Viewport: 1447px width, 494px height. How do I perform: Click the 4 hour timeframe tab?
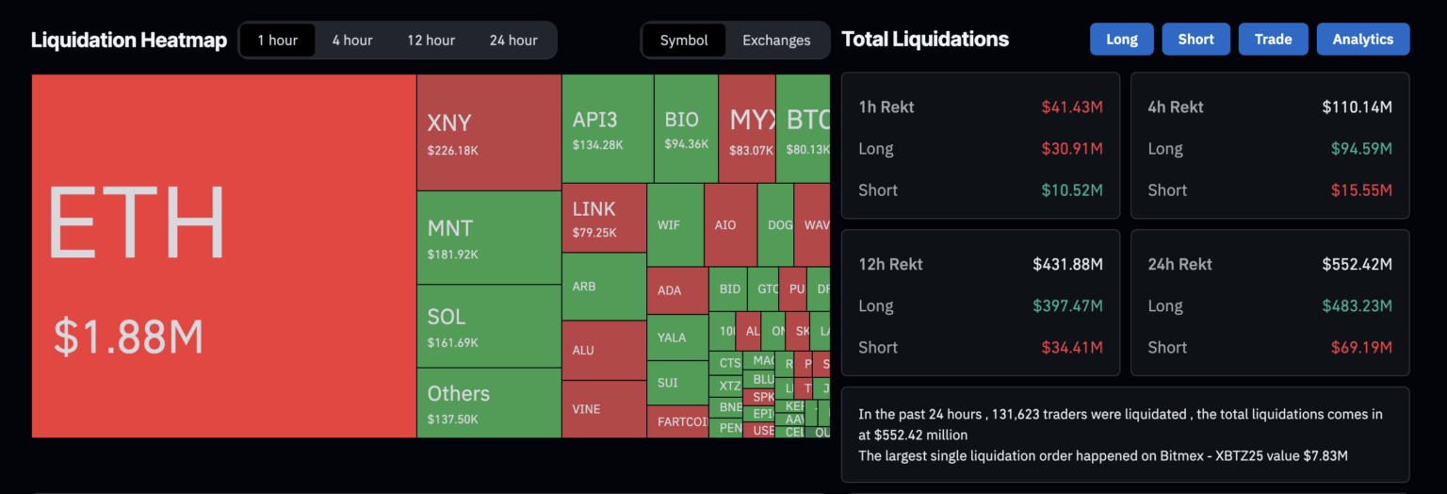coord(352,41)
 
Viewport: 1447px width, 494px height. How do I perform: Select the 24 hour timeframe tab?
coord(513,41)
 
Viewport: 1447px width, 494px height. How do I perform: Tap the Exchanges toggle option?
coord(776,41)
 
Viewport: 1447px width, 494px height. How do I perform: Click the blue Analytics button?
coord(1362,40)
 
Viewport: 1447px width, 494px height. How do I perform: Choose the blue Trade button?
coord(1273,40)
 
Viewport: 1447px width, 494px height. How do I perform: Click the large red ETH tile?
coord(224,255)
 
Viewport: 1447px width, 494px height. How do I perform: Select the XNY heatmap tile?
coord(489,133)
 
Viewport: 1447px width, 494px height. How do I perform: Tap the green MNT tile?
coord(489,238)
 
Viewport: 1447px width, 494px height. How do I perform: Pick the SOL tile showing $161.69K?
coord(489,326)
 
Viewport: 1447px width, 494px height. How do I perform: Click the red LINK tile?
coord(604,218)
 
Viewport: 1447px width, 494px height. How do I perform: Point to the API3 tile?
coord(608,129)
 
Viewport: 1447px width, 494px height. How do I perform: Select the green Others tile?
coord(489,403)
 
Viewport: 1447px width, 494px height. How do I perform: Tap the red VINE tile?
coord(604,409)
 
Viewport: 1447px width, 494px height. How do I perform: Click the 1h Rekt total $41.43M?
coord(1072,107)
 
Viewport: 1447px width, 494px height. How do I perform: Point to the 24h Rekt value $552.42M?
coord(1357,265)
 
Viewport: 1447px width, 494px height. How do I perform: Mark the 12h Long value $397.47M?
coord(1066,306)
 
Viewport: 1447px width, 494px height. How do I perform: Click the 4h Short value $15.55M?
coord(1361,190)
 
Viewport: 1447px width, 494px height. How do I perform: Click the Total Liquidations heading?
coord(925,40)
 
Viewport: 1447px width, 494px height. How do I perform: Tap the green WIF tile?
coord(675,225)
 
